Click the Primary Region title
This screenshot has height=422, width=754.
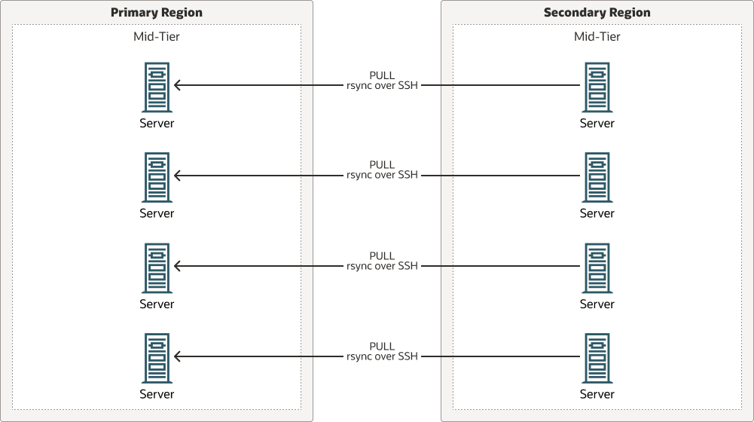pos(156,13)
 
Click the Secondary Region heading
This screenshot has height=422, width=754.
pos(597,13)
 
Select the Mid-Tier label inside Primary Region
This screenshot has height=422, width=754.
pos(157,36)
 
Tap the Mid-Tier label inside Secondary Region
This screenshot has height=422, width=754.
pos(597,36)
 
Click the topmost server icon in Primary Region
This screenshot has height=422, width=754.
pos(157,87)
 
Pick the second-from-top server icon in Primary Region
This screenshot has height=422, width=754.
pos(157,178)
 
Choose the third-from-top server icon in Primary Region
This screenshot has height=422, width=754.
pos(157,268)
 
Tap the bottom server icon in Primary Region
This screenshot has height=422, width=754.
pos(157,359)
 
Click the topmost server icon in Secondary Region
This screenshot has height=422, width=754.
pos(597,87)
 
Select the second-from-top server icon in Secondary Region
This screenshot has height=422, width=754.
pos(597,178)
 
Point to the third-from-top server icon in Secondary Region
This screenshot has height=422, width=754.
pos(597,268)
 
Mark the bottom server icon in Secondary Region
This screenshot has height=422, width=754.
pos(597,359)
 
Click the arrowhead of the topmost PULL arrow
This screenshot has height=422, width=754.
pos(178,85)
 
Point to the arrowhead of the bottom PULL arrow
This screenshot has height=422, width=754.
pos(178,356)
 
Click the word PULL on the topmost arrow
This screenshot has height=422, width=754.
pos(382,75)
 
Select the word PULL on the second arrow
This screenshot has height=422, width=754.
pos(382,165)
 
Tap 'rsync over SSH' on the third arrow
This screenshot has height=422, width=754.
pos(382,266)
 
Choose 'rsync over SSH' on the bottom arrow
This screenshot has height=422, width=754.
pos(382,356)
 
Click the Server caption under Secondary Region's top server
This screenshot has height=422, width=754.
pos(597,123)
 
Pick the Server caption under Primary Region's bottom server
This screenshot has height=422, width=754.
pos(157,394)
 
